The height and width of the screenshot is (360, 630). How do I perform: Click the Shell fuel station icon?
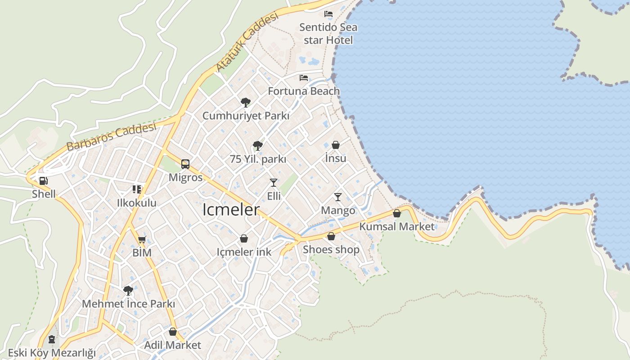coord(44,181)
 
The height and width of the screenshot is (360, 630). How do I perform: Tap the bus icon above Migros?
coord(185,164)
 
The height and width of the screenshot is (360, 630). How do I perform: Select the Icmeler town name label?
coord(231,210)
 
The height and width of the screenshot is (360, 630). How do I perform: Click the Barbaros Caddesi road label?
coord(111,136)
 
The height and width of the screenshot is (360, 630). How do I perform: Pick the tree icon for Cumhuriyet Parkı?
coord(245,103)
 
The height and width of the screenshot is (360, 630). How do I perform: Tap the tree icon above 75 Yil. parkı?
coord(258,146)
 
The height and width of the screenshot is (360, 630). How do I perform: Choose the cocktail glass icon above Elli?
coord(274,182)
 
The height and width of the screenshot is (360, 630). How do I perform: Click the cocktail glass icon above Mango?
coord(338,197)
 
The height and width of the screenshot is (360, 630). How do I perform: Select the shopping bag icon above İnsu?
coord(336,145)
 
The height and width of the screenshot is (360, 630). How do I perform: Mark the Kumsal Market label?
coord(397,226)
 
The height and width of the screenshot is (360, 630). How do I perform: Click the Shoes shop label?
coord(331,249)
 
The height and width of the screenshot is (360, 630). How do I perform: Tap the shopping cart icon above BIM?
coord(142,239)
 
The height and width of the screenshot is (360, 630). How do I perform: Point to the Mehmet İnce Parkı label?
coord(128,304)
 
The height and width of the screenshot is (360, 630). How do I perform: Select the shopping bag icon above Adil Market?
coord(173,332)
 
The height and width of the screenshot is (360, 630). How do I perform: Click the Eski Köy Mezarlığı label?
coord(52,352)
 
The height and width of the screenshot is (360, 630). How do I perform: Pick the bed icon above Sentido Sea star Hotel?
coord(328,14)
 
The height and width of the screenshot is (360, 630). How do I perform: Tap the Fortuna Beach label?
coord(304,91)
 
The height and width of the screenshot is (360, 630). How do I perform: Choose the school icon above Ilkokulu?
coord(137,189)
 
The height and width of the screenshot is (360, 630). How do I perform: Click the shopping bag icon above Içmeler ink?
coord(244,238)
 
